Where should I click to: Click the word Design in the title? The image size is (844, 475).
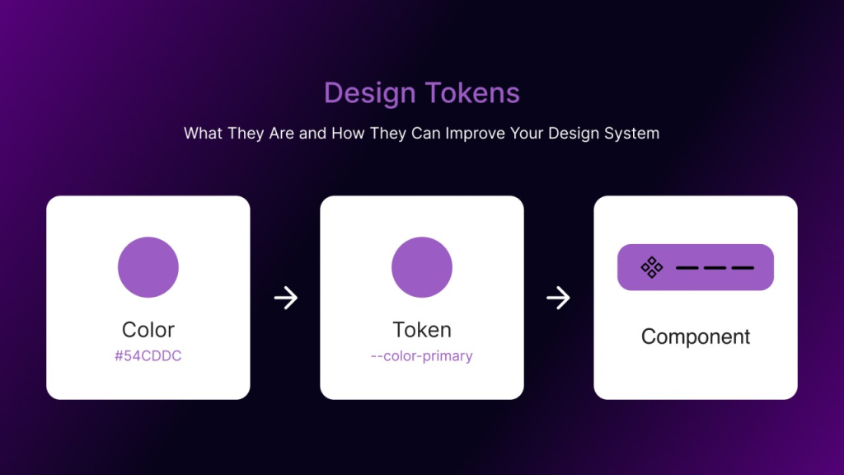pos(370,93)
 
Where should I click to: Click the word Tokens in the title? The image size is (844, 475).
pos(472,92)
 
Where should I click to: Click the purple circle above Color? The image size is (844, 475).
pos(148,267)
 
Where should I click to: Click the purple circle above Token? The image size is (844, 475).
pos(422,267)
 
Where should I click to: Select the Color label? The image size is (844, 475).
pos(148,330)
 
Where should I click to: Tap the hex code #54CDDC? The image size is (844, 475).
pos(148,356)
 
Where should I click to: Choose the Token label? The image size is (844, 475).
pos(422,330)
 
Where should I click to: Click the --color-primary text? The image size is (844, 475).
pos(421,356)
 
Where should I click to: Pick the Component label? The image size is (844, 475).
pos(696,336)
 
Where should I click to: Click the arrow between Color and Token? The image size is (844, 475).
pos(286,298)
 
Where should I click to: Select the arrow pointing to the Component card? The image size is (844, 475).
pos(559,298)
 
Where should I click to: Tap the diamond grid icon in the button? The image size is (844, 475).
pos(652,267)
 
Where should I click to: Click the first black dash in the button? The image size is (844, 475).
pos(687,268)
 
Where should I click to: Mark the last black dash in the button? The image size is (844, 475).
pos(743,268)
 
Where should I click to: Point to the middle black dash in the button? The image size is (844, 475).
pos(715,268)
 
